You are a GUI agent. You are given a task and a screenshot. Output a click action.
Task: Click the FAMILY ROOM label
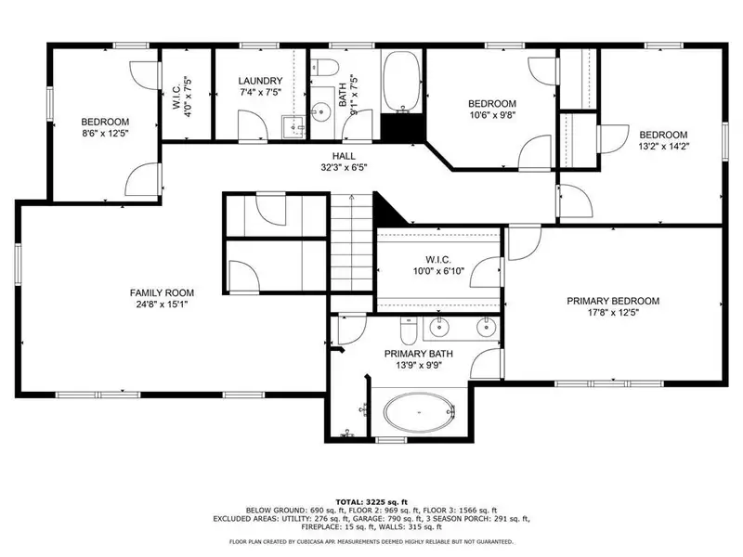[162, 292]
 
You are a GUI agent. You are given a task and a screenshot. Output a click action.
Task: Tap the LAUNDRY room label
[260, 81]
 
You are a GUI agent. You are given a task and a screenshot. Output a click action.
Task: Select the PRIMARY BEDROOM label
[613, 301]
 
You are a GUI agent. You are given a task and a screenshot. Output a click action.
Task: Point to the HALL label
[344, 156]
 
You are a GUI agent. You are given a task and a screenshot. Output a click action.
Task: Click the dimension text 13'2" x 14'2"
[663, 147]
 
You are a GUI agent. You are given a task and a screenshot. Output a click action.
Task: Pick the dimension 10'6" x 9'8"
[492, 115]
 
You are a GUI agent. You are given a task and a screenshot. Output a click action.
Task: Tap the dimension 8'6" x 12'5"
[105, 134]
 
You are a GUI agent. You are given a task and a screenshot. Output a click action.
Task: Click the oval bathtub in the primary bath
[420, 412]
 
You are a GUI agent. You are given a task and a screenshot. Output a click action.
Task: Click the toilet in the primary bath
[409, 330]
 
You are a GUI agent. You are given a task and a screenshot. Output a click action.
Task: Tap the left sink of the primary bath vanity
[439, 327]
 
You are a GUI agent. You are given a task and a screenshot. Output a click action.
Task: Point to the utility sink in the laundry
[293, 127]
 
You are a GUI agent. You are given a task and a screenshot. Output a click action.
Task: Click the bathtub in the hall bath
[402, 82]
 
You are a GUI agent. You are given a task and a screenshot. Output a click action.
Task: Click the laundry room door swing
[253, 125]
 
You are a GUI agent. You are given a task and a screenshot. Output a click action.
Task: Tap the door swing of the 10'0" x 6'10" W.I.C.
[486, 272]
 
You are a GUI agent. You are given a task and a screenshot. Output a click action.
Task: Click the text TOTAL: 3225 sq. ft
[371, 502]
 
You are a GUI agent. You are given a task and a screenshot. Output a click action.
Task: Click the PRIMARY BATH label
[419, 354]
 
